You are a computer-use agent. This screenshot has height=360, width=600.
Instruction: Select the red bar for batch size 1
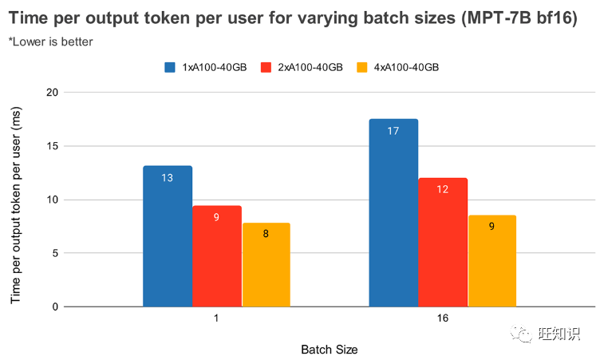[x=217, y=256]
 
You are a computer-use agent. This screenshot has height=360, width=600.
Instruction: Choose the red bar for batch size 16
[x=443, y=243]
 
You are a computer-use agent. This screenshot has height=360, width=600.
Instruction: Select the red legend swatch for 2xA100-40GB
[x=267, y=68]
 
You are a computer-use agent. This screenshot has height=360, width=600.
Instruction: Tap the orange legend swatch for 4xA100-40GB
[x=364, y=68]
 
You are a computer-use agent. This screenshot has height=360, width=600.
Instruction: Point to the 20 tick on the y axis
[x=53, y=93]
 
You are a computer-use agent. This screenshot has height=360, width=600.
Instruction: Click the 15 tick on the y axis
[x=53, y=146]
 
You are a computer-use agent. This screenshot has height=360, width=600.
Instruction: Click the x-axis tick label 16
[x=443, y=318]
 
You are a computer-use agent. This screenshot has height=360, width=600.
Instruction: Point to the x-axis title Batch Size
[x=330, y=350]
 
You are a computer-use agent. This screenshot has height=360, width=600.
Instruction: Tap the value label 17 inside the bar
[x=393, y=130]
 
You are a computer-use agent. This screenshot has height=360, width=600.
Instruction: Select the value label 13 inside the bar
[x=168, y=177]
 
